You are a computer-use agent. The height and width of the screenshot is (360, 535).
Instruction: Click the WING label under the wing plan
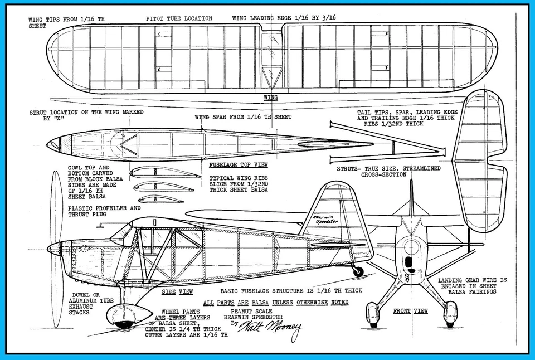point(270,98)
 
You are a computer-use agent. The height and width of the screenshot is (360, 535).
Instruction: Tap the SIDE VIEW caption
point(177,291)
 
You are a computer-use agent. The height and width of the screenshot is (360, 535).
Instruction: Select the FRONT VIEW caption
point(410,311)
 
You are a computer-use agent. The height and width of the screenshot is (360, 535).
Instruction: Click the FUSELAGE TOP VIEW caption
point(238,165)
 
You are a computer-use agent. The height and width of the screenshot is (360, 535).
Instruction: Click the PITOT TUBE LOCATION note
point(179,18)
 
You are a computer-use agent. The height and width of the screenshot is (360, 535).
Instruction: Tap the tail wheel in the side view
point(358,271)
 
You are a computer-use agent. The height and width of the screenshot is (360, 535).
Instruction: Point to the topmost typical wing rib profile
point(159,172)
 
